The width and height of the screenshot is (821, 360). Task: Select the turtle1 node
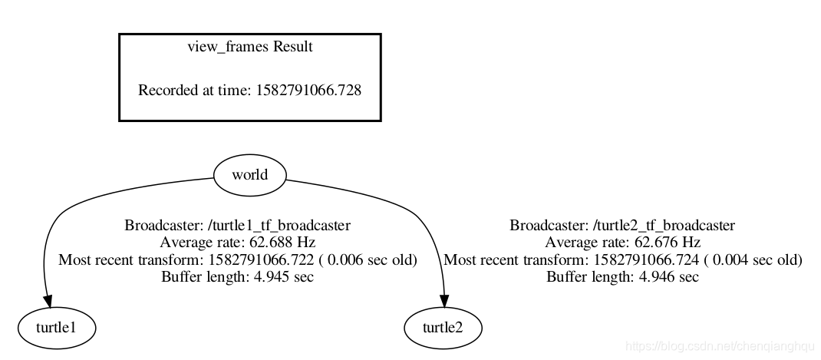(x=57, y=328)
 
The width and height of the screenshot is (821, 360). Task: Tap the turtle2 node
(x=443, y=328)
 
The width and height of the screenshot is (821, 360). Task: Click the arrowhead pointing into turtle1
(x=48, y=302)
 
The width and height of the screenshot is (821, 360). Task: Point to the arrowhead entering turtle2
(x=444, y=302)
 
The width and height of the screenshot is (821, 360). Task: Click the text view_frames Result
(x=250, y=47)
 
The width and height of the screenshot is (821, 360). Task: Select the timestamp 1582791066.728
(x=308, y=90)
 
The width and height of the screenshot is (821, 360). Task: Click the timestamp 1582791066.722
(x=262, y=260)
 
